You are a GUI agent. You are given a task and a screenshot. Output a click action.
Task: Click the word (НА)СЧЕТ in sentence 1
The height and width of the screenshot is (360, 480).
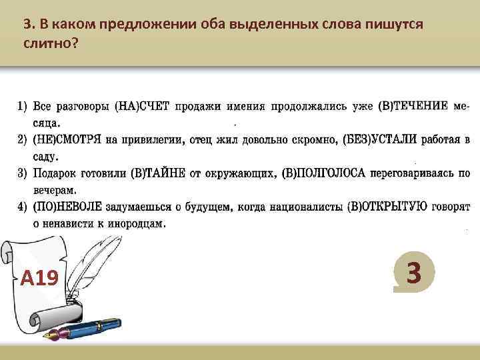pyautogui.click(x=143, y=106)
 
